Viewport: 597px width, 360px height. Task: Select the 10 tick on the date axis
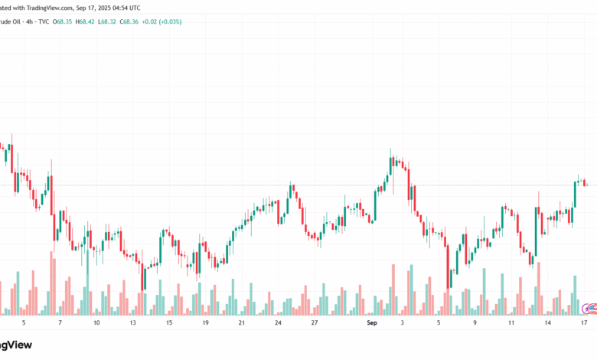pyautogui.click(x=96, y=323)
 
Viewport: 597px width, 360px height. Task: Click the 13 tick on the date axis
pyautogui.click(x=132, y=323)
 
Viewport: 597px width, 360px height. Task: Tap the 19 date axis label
pyautogui.click(x=205, y=323)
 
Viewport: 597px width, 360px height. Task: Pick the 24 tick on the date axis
pyautogui.click(x=278, y=323)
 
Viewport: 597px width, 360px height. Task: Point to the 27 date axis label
pyautogui.click(x=314, y=323)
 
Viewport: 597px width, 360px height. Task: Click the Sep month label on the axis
pyautogui.click(x=372, y=323)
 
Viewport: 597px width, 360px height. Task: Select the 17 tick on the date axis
pyautogui.click(x=583, y=323)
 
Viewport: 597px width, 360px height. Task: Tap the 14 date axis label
pyautogui.click(x=548, y=323)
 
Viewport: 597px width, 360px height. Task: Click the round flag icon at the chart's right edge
pyautogui.click(x=589, y=309)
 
